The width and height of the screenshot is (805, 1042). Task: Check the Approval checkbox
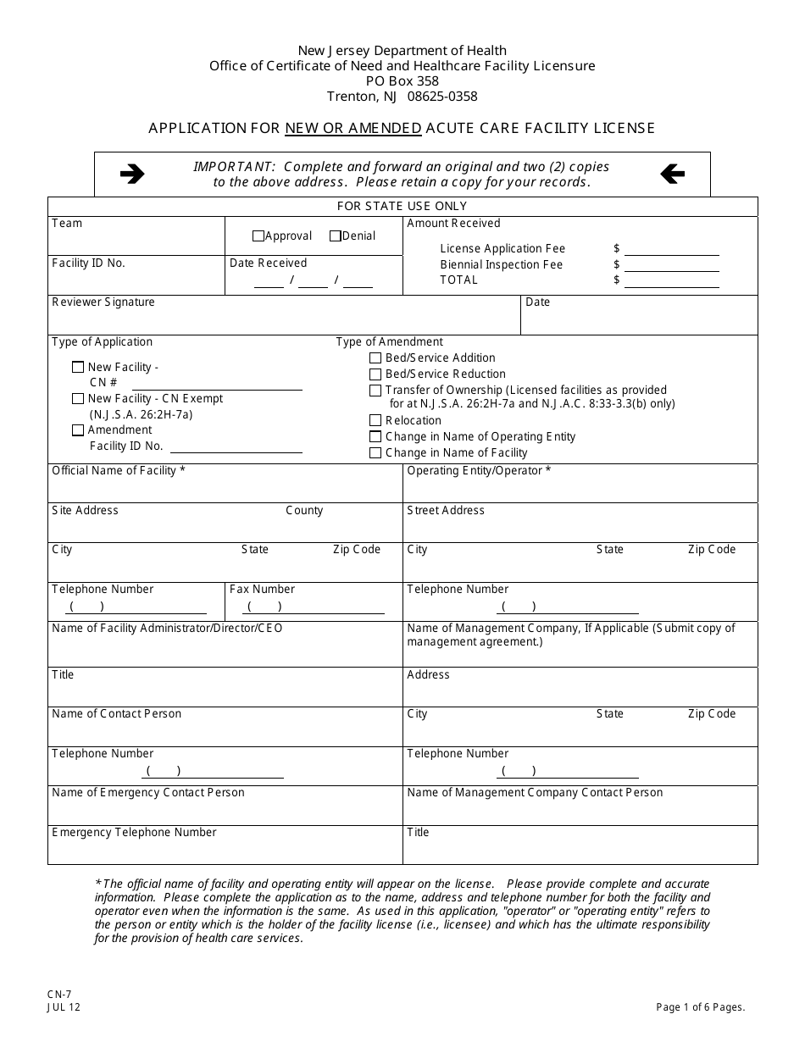coord(258,236)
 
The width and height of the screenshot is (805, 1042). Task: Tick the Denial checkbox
coord(336,236)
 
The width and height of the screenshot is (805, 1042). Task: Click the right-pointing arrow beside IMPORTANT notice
coord(132,175)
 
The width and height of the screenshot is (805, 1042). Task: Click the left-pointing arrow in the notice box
coord(672,175)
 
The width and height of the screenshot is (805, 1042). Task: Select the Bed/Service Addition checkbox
coord(375,358)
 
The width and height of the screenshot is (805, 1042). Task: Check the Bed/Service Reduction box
coord(375,374)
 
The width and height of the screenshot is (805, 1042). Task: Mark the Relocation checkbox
coord(375,421)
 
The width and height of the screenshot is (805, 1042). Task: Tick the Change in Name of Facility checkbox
coord(375,453)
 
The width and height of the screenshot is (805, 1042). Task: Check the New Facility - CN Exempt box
coord(78,399)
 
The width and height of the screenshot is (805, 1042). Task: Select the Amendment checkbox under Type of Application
coord(78,430)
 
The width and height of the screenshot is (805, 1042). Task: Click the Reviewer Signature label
coord(103,302)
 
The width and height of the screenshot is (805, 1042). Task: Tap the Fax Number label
coord(262,589)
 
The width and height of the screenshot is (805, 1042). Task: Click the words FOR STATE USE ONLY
coord(402,206)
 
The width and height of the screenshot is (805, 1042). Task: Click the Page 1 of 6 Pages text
coord(700,1007)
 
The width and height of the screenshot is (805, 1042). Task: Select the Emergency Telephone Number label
coord(134,832)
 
